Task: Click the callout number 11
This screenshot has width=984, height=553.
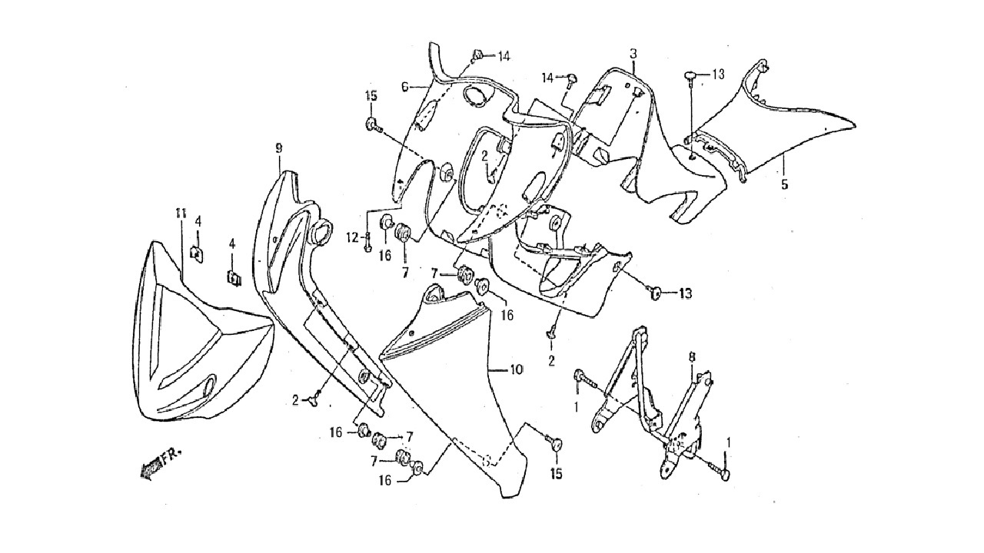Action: [x=181, y=214]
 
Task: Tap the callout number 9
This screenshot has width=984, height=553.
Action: [x=278, y=148]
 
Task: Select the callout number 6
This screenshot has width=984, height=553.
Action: [x=404, y=87]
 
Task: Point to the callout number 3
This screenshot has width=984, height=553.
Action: [x=633, y=54]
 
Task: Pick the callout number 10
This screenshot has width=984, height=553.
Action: [x=517, y=370]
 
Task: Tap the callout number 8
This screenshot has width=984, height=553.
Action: [x=692, y=357]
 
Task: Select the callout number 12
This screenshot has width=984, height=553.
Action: [x=352, y=238]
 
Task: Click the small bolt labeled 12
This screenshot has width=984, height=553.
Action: [x=368, y=242]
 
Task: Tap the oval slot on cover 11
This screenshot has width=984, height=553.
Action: [x=210, y=386]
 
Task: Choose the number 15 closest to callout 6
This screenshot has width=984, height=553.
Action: [x=371, y=96]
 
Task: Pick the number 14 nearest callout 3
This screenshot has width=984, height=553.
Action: [x=547, y=78]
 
